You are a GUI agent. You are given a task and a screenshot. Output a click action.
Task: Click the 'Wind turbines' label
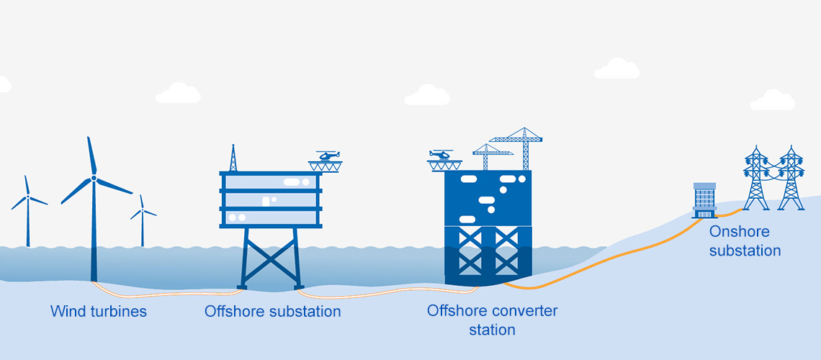(x=99, y=312)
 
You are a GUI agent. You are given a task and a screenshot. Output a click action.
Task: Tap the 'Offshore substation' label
(x=272, y=312)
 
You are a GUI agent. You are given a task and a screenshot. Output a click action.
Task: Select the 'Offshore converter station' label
(x=492, y=320)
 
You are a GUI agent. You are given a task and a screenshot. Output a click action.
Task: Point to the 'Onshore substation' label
(x=745, y=241)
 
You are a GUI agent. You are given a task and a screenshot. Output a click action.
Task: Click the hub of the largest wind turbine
(x=94, y=177)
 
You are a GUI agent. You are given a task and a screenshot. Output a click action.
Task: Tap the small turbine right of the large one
(x=142, y=216)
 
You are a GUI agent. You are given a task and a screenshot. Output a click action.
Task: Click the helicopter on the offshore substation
(x=328, y=156)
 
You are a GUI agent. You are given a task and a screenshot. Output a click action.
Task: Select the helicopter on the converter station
(x=440, y=154)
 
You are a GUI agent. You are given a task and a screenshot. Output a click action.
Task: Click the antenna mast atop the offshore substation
(x=233, y=158)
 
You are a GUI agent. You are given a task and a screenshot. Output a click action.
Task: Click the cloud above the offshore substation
(x=178, y=93)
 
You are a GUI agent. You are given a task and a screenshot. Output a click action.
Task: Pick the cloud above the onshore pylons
(x=772, y=101)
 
